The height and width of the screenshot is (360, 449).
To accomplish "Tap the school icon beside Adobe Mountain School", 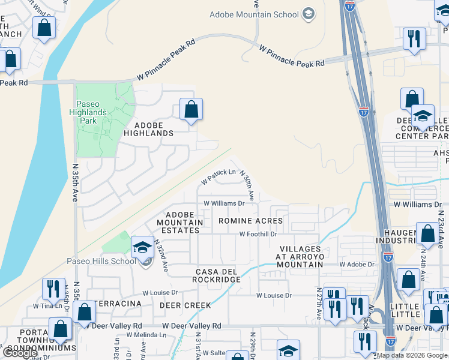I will click(309, 14).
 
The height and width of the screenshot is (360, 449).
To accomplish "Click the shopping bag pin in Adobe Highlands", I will click(191, 110).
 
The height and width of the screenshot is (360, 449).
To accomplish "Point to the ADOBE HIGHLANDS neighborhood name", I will click(148, 128).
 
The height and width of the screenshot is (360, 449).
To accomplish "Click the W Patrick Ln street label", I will click(218, 175).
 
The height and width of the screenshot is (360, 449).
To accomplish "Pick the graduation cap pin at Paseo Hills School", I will click(142, 247).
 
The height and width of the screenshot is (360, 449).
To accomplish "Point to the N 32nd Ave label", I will click(161, 254).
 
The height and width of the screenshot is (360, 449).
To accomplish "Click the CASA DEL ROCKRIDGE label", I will click(217, 275).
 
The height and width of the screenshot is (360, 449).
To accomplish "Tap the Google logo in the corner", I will click(20, 353).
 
